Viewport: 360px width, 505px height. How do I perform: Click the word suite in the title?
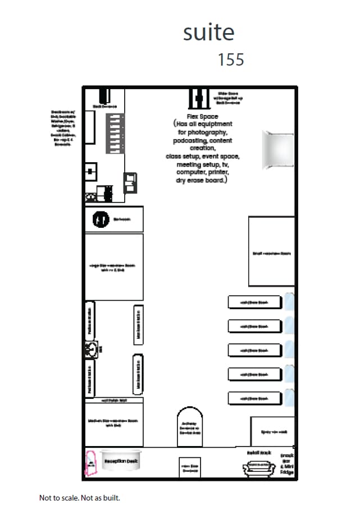coord(208,33)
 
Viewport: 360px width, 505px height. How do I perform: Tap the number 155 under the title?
coord(231,59)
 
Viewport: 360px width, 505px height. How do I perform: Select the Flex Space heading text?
coord(202,116)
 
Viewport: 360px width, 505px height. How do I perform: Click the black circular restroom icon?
coord(101,219)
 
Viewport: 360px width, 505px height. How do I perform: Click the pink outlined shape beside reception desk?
coord(90,462)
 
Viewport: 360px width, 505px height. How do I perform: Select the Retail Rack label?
coord(259,452)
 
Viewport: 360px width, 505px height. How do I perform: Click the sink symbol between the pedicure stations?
coord(90,348)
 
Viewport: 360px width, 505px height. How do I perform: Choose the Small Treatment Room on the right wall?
coord(271,251)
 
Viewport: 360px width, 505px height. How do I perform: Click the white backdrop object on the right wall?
coord(277,149)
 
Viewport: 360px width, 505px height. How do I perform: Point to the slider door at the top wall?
coord(198,99)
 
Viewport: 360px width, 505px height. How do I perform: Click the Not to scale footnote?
coord(79,497)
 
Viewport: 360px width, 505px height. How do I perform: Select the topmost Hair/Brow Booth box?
coord(254,302)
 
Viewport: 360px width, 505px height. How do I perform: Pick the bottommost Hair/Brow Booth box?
coord(254,398)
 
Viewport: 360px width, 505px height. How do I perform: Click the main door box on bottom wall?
coord(189,467)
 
